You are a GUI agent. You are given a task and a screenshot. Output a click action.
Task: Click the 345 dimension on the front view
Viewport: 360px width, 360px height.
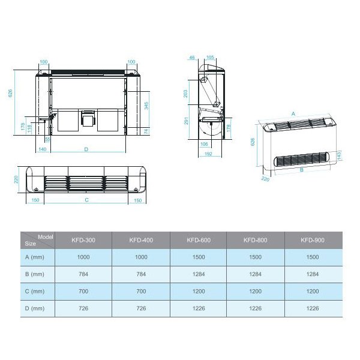point(147,106)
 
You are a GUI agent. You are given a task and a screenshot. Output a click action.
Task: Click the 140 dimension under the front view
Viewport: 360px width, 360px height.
point(43,148)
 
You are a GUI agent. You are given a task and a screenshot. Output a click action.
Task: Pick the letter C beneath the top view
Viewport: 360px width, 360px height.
point(87,200)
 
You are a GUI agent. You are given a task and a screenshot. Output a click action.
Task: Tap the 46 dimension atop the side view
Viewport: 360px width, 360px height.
point(192,58)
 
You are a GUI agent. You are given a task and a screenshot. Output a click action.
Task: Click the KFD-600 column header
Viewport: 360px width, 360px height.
point(198,240)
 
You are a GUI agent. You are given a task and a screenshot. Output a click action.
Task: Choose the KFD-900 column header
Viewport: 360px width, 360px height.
point(312,240)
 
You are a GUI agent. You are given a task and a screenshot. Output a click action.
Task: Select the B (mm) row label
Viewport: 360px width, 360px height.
point(34,274)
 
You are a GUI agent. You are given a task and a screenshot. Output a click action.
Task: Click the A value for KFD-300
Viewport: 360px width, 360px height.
point(84,257)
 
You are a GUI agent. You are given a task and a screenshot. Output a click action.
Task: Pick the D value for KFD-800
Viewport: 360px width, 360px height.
point(255,308)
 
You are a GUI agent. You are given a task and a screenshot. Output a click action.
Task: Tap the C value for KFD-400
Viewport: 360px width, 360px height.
point(141,291)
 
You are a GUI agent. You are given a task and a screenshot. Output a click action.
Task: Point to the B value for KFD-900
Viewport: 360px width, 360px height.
point(312,274)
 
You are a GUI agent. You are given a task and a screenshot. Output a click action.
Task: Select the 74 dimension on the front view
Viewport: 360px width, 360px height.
point(147,130)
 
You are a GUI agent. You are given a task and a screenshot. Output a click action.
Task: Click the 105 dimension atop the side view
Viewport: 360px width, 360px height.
point(210,58)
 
